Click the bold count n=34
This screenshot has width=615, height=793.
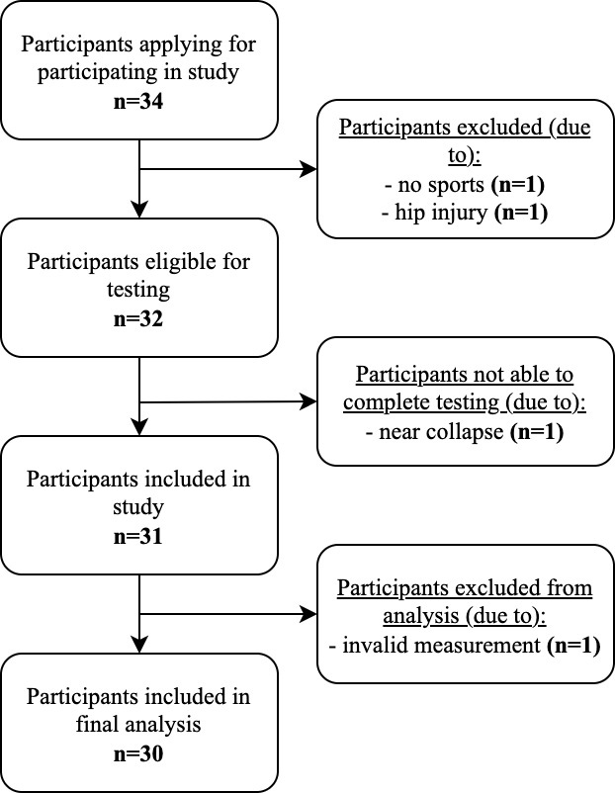138,102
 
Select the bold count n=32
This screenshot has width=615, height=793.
138,319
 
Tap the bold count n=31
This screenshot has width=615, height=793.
138,536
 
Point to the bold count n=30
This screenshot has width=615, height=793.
138,754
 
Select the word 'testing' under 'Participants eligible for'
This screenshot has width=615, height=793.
138,291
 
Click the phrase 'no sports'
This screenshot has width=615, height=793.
441,185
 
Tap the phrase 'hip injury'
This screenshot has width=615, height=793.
441,213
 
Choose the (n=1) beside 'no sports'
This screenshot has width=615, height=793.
518,185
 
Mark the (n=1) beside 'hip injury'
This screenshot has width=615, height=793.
520,213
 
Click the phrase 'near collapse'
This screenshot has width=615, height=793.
441,432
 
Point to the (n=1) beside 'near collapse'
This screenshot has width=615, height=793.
537,432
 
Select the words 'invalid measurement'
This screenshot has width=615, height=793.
442,646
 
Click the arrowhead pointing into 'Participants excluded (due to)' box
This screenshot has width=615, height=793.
308,169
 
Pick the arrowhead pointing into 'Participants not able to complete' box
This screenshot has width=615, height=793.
308,402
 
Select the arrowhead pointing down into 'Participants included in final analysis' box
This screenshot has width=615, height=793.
139,645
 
